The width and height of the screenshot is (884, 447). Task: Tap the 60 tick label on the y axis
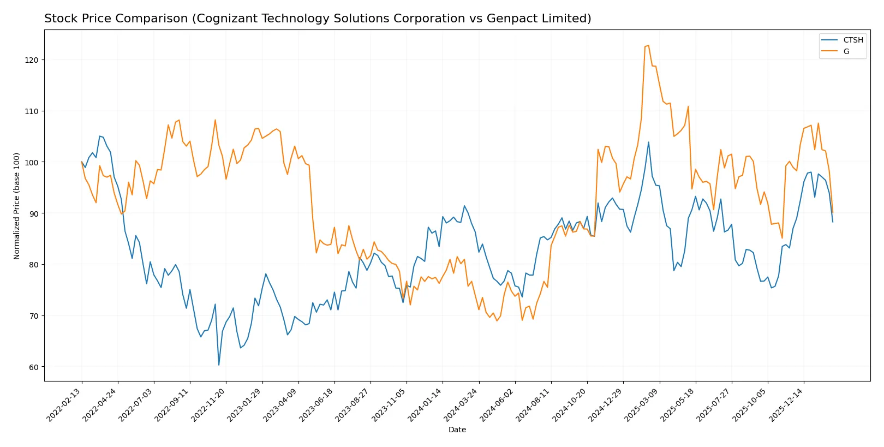[34, 367]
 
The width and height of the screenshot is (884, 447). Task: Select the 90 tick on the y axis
[34, 213]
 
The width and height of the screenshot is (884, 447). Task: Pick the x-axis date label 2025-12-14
[787, 405]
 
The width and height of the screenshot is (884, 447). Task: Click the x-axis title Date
[457, 430]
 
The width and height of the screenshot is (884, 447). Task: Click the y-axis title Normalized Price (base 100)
[17, 206]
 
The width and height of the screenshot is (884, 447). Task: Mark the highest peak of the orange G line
[648, 45]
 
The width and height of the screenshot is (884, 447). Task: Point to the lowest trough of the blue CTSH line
[219, 365]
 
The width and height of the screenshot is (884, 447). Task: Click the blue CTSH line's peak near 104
[648, 142]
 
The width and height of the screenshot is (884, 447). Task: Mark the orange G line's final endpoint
[833, 213]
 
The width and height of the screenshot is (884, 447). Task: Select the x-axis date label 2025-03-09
[642, 405]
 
